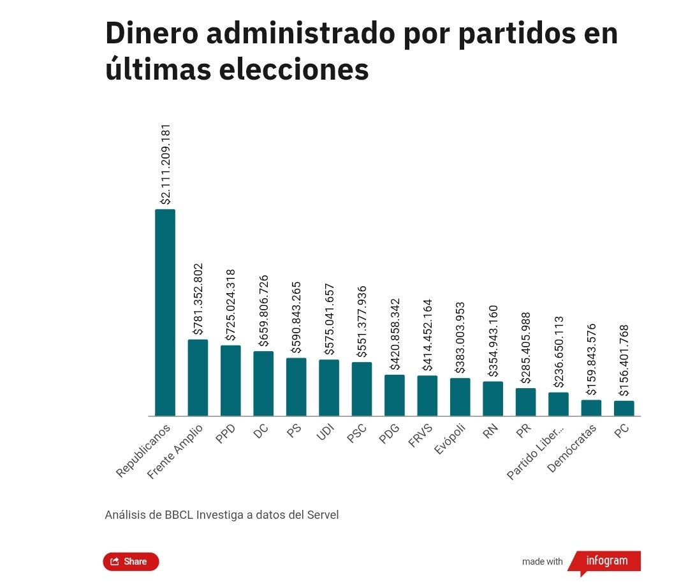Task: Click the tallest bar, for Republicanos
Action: click(165, 312)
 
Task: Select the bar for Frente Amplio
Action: click(198, 377)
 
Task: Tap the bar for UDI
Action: click(329, 388)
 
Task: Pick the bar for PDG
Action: click(394, 395)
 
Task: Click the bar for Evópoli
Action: click(460, 396)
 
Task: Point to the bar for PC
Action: click(624, 408)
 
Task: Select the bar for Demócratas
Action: click(591, 408)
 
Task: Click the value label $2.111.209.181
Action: click(166, 164)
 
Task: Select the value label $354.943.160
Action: click(493, 339)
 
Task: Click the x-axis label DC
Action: click(260, 433)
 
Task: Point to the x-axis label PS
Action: click(293, 433)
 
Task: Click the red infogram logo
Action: click(606, 562)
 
